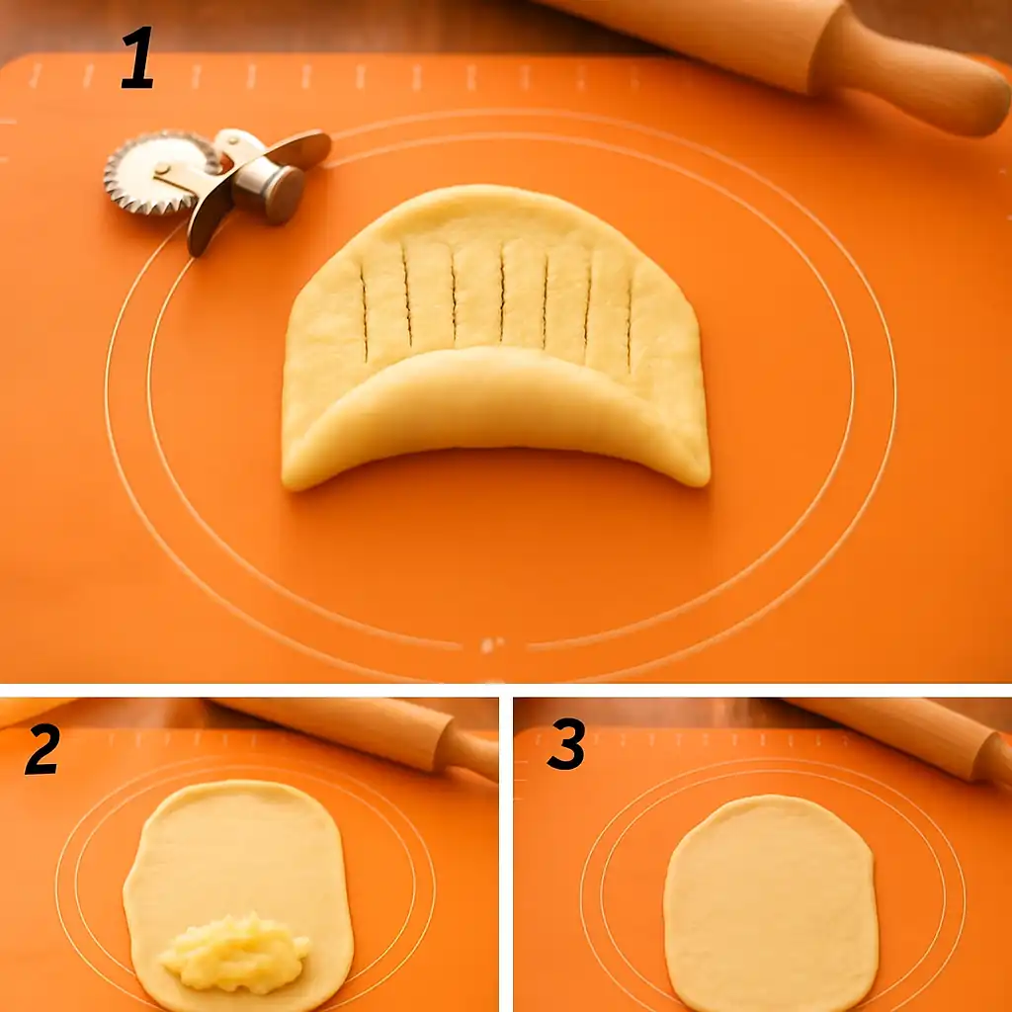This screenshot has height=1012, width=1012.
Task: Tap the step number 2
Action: (x=42, y=749)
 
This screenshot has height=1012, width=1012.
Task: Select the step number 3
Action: (x=566, y=744)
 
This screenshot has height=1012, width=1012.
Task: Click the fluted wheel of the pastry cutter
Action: (x=161, y=172)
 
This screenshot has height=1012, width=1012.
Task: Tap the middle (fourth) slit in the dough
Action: (x=501, y=294)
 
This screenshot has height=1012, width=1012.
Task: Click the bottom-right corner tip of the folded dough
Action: (x=706, y=481)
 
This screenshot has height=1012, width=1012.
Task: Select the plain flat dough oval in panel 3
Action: (x=771, y=903)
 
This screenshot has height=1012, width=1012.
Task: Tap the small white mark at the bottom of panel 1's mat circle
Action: (x=492, y=644)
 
